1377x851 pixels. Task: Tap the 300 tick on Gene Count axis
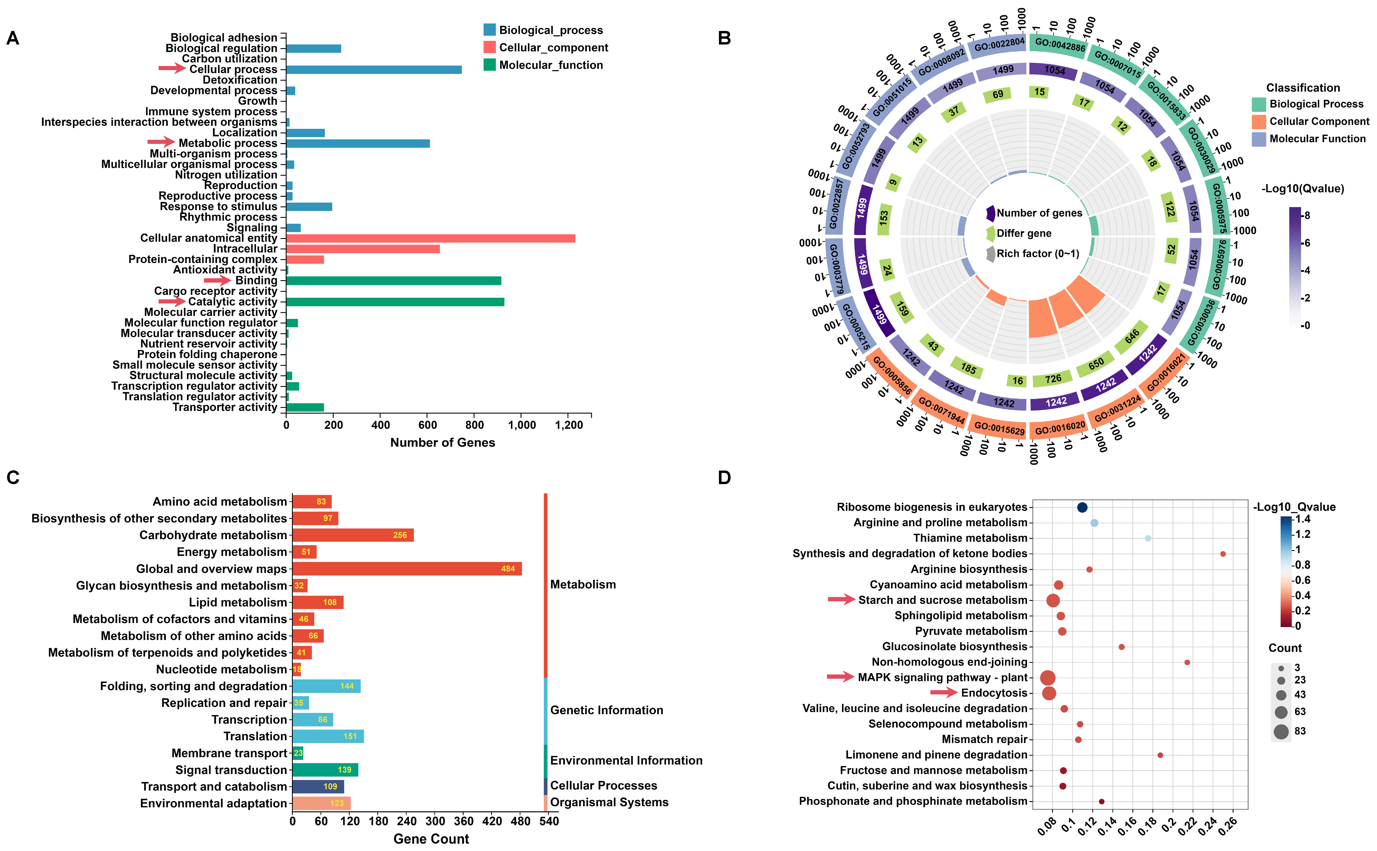point(435,821)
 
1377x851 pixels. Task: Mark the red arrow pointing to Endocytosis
point(943,692)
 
